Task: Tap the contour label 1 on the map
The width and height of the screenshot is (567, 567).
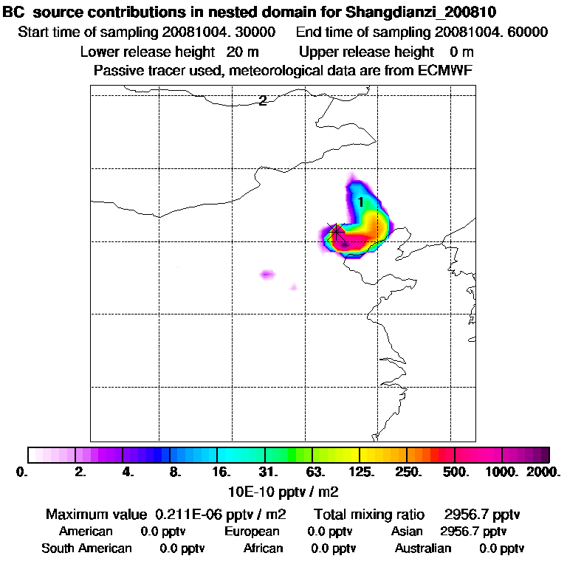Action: (x=360, y=202)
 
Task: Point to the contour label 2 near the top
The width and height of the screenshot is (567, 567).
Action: (x=262, y=101)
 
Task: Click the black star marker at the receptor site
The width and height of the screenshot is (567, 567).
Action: (x=337, y=230)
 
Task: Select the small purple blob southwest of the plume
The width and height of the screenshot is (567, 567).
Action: (x=267, y=275)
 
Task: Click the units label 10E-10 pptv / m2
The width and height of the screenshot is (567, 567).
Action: (x=284, y=490)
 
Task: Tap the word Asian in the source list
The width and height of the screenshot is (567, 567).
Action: (x=407, y=532)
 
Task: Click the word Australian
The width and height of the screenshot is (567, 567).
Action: (x=422, y=549)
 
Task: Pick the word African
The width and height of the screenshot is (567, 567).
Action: (x=263, y=549)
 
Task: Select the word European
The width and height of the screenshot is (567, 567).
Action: (x=252, y=532)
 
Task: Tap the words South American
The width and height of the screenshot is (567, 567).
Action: (x=86, y=549)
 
